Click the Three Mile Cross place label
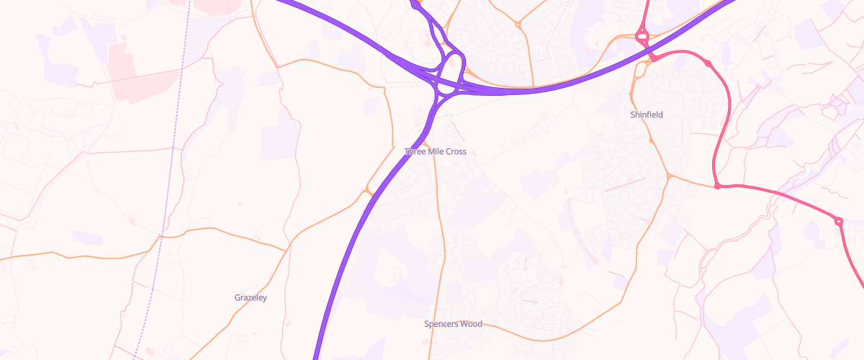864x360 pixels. coord(436,151)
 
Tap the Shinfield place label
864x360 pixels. coord(647,114)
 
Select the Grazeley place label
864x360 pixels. coord(251,297)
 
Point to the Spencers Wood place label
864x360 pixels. coord(453,324)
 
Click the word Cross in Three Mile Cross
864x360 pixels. coord(455,151)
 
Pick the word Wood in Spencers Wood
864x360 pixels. coord(471,324)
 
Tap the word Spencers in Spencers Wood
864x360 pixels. coord(441,324)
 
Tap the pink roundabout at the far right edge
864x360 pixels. coord(838,221)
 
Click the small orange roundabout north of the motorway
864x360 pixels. coord(518,25)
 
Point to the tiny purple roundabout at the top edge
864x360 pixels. coord(415,6)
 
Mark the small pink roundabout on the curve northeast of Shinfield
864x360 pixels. coord(708,64)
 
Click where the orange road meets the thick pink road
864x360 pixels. coord(718,186)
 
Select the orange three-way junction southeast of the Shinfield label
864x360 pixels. coord(668,175)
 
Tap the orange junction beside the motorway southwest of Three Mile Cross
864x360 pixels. coord(368,192)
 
